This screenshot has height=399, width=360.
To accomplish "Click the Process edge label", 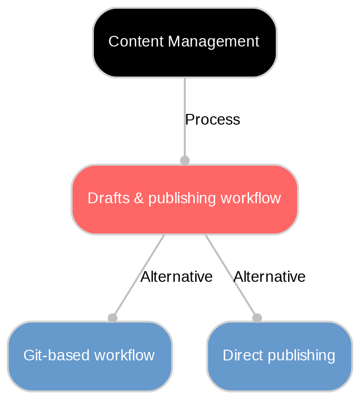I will (x=212, y=120).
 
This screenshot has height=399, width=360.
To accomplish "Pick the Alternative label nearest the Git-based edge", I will (x=177, y=277).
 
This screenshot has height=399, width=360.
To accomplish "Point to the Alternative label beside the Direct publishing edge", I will (x=269, y=277).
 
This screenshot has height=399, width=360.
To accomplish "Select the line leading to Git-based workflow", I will (x=139, y=274).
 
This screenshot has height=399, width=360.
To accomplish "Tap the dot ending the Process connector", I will (x=184, y=160).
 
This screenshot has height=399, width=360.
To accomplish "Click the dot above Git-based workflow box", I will (x=112, y=318).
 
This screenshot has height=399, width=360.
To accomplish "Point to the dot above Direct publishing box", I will (x=257, y=318).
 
